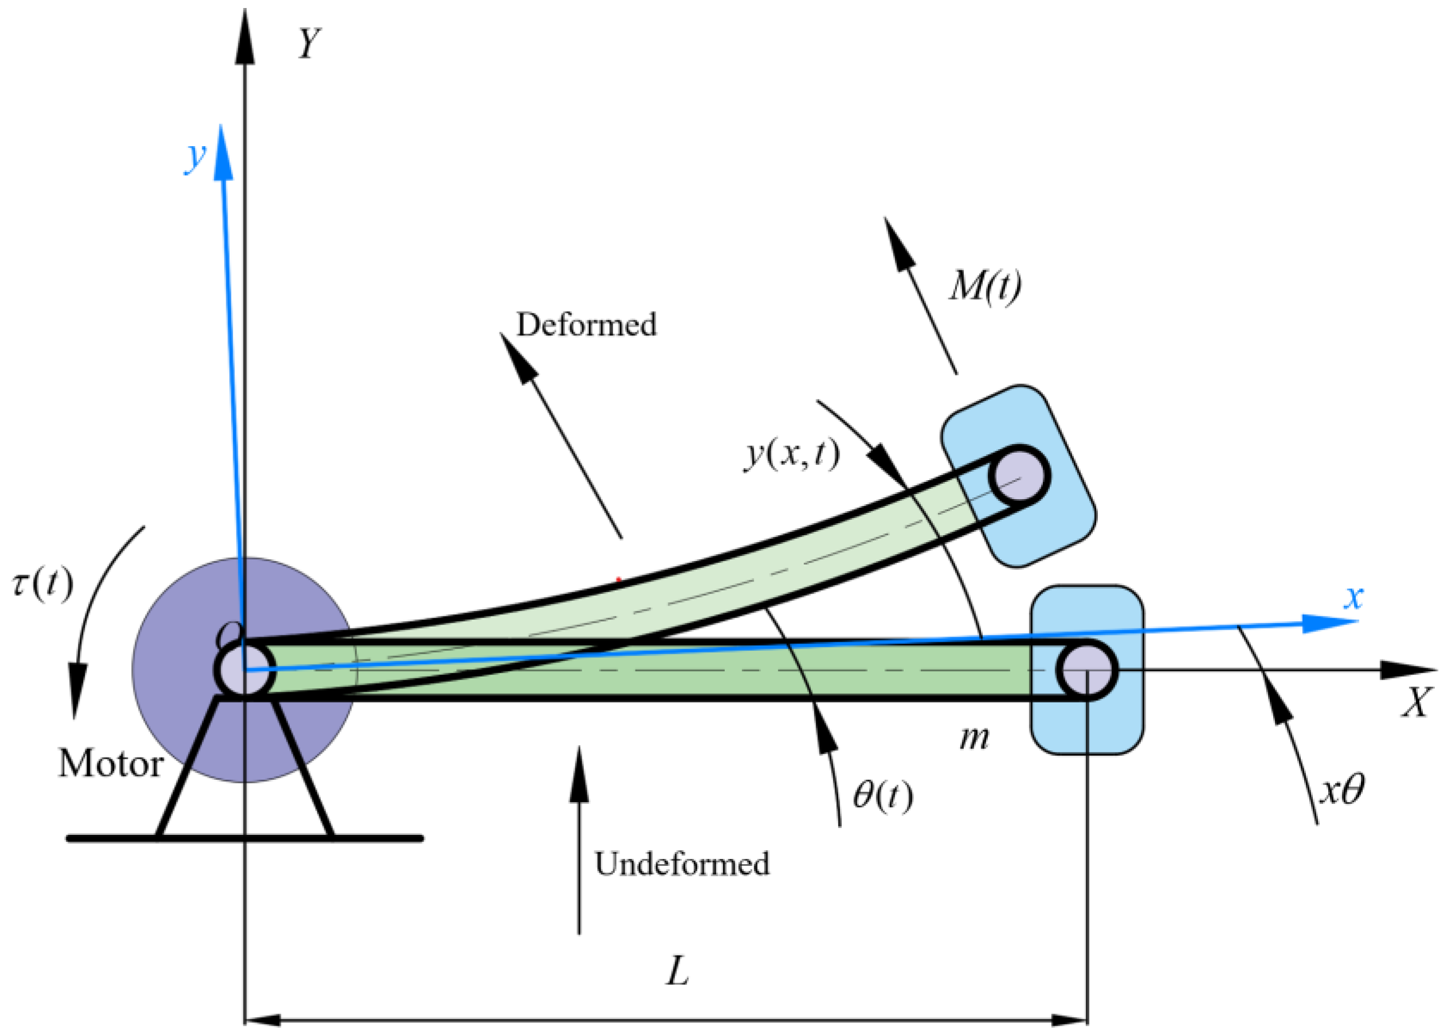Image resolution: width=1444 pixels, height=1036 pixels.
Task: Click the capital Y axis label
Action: pos(309,44)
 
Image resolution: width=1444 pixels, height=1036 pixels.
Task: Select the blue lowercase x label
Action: pos(1353,597)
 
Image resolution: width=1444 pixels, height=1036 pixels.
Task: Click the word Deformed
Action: pos(586,324)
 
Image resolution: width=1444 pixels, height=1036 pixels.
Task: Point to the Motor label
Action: pos(111,763)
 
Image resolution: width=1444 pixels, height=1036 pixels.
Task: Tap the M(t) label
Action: pos(986,286)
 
